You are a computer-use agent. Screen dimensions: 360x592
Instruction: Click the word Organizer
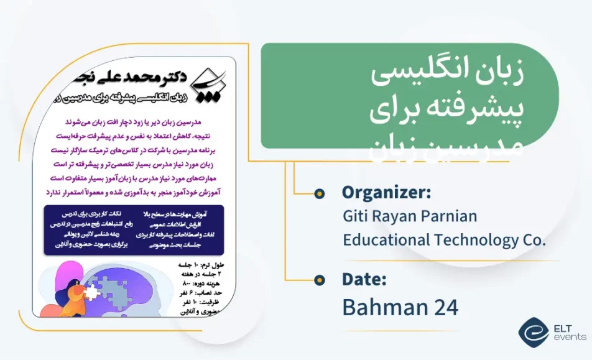coord(386,193)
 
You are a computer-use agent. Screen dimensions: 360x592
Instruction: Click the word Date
coord(364,279)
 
